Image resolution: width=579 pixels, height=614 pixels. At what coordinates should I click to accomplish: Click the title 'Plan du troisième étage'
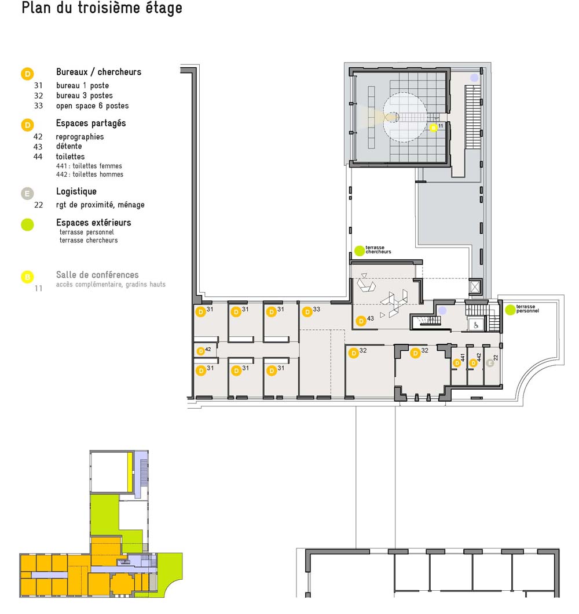(x=102, y=8)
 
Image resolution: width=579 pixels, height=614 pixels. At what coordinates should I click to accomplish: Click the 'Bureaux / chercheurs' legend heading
(x=98, y=72)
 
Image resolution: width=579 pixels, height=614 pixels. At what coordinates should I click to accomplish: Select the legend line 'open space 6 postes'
(x=92, y=106)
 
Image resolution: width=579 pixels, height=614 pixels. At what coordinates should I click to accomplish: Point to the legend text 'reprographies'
(x=80, y=137)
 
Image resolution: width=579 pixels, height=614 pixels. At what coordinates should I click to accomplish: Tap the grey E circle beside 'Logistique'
(x=27, y=194)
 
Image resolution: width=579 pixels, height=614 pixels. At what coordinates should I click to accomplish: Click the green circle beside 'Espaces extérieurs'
(x=27, y=225)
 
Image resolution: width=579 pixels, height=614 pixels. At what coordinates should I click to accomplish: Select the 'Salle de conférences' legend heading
(x=97, y=274)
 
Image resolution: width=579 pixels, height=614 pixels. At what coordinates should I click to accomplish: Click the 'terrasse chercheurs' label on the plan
(x=378, y=250)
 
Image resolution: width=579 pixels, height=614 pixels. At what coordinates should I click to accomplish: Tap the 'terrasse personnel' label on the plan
(x=527, y=309)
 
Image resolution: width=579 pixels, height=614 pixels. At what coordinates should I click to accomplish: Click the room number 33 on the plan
(x=316, y=310)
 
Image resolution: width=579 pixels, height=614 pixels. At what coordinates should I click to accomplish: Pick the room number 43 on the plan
(x=370, y=318)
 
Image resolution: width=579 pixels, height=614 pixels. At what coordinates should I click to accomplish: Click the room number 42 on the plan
(x=208, y=349)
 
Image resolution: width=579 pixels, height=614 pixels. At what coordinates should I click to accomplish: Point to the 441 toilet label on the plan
(x=463, y=357)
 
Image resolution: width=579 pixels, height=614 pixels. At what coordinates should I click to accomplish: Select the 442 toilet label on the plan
(x=479, y=357)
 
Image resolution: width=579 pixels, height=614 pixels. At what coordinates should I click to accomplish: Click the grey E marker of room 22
(x=490, y=364)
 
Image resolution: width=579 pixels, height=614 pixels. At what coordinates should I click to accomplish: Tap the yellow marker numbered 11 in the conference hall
(x=433, y=128)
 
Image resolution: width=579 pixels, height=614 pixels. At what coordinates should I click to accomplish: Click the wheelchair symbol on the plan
(x=476, y=325)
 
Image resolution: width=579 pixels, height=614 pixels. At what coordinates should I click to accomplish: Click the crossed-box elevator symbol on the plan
(x=475, y=287)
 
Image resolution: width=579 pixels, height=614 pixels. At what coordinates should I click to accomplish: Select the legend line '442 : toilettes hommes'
(x=90, y=175)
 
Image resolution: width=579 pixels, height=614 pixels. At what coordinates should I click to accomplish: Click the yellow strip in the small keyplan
(x=130, y=473)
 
